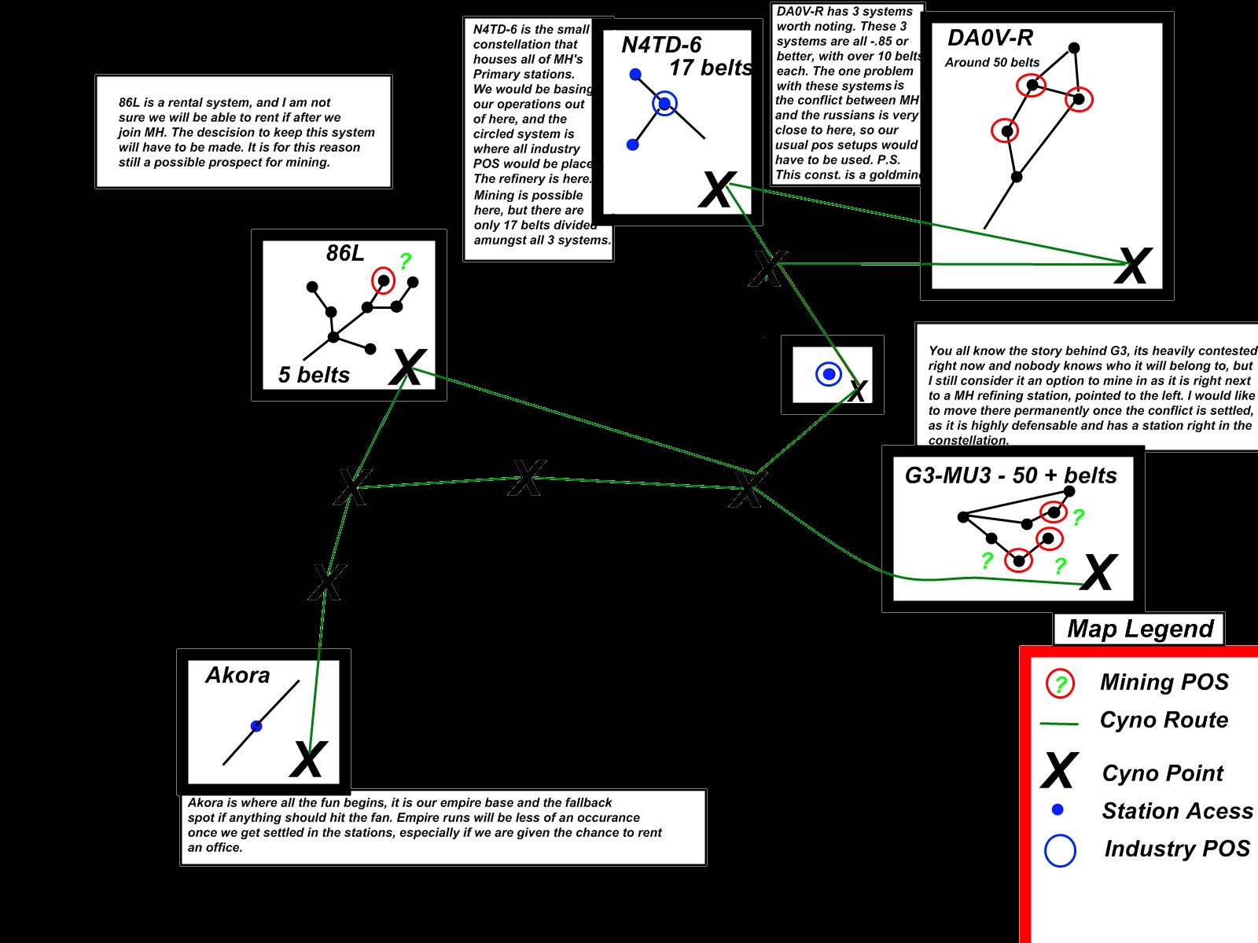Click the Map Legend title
coord(1140,629)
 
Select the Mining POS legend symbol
coord(1060,684)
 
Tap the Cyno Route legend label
coord(1164,720)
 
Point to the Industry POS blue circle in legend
coord(1060,850)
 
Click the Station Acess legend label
coord(1177,811)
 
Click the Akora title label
coord(237,675)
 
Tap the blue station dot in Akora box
coord(256,726)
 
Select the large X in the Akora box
coord(307,759)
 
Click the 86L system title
coord(345,253)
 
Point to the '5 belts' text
coord(314,375)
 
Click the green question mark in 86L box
coord(405,261)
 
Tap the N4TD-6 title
coord(661,45)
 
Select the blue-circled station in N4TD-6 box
coord(664,103)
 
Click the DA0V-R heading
coord(990,38)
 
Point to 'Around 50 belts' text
coord(992,62)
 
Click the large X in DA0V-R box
coord(1133,266)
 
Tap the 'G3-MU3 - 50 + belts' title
coord(1010,475)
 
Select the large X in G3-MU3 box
coord(1098,572)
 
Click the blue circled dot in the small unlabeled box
coord(828,374)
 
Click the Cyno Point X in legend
coord(1059,771)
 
